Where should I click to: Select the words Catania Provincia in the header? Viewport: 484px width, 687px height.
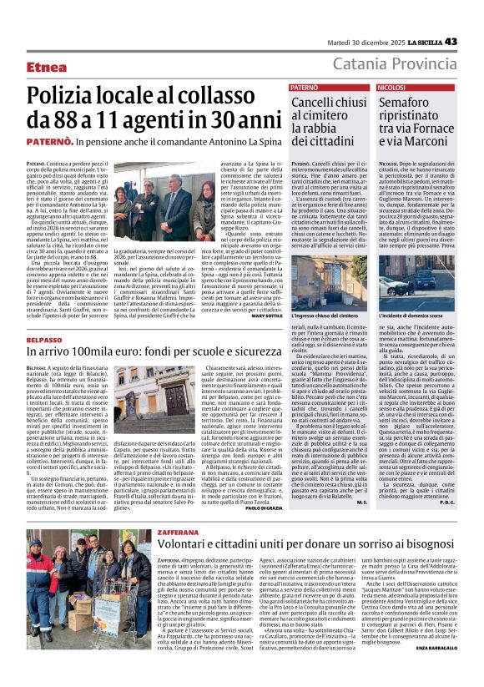[394, 64]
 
